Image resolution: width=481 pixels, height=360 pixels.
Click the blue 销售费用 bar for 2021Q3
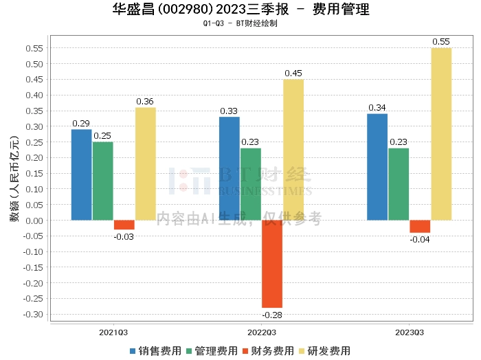[x=81, y=175]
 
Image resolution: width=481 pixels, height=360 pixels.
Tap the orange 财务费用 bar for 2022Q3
[x=272, y=264]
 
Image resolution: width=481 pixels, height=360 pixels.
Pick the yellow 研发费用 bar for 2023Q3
[x=441, y=134]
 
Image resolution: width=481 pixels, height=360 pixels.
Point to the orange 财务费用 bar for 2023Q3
[x=420, y=227]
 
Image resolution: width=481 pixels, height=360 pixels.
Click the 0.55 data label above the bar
[x=441, y=42]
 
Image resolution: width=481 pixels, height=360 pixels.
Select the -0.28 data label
[x=272, y=315]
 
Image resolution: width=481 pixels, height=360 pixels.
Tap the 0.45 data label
[x=293, y=74]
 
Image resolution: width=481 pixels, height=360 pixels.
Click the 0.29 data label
[x=82, y=124]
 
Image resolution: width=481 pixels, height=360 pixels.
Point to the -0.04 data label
[x=420, y=240]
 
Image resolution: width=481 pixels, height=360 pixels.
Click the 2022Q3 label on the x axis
[x=261, y=332]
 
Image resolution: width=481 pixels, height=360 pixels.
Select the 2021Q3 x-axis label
[x=113, y=332]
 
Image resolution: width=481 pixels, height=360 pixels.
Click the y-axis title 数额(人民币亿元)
[x=13, y=185]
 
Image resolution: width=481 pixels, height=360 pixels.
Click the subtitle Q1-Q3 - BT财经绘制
[x=240, y=23]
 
